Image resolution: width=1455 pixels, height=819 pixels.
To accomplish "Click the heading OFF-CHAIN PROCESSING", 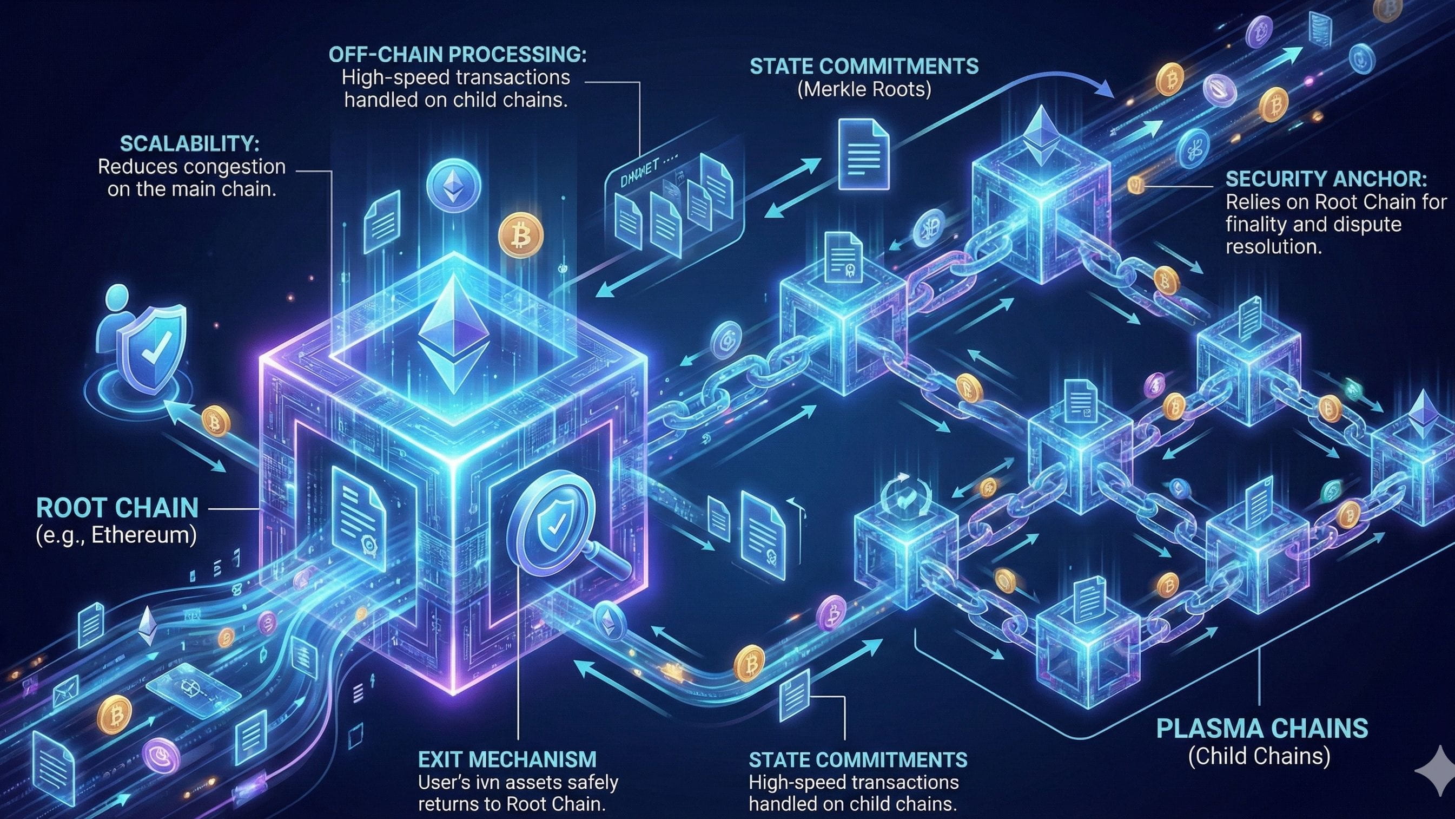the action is (458, 54).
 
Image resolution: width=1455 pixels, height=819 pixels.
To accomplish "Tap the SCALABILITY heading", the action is (190, 143).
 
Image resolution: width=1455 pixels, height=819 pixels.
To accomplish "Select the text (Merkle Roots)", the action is (864, 89).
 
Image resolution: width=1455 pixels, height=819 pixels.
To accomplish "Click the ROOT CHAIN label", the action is (117, 508).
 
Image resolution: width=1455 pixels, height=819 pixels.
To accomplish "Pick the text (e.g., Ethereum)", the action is (116, 535).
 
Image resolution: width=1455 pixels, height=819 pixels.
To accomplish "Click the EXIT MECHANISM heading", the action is (507, 759).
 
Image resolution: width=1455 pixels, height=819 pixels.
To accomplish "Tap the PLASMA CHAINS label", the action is (1262, 729).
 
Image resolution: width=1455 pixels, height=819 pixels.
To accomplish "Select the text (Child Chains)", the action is (1259, 756).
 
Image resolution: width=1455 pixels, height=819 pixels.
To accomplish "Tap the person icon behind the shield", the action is (116, 317).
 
